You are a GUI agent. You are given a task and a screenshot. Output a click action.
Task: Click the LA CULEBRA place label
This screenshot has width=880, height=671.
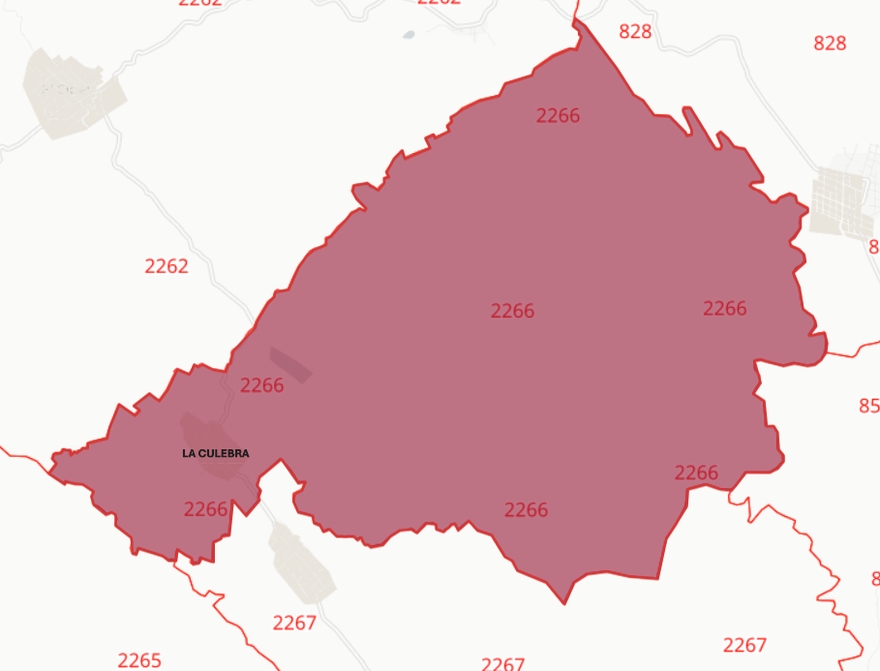215,453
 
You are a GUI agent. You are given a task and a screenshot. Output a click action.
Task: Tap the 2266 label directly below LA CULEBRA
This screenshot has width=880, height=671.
205,509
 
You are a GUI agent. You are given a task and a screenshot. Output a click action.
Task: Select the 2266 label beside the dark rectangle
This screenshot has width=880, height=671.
261,385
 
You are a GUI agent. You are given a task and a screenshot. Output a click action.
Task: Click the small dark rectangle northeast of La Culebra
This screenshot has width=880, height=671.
290,364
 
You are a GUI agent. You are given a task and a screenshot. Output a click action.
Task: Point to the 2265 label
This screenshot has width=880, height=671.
139,660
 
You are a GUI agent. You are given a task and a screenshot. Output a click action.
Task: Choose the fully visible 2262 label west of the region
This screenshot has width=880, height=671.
167,266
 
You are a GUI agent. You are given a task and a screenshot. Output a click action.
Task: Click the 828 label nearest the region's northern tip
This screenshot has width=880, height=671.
635,32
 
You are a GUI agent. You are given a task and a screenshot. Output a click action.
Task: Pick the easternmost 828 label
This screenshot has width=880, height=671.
830,44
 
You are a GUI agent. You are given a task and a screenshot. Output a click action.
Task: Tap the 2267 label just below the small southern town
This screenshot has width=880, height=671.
294,624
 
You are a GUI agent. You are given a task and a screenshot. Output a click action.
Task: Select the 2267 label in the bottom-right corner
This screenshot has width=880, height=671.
744,645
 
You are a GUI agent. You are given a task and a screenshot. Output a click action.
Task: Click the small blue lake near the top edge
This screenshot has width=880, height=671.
408,35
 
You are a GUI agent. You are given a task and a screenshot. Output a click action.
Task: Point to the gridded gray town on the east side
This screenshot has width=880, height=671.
843,201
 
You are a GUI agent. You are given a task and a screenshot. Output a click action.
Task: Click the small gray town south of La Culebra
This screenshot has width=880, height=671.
302,565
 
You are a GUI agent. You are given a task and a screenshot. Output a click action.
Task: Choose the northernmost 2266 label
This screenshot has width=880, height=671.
558,116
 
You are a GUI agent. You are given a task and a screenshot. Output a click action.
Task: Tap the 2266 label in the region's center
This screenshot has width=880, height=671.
512,312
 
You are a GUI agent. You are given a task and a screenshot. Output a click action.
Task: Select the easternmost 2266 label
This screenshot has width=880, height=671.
724,309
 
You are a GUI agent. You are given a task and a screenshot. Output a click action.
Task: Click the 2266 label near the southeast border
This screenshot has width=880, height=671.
696,473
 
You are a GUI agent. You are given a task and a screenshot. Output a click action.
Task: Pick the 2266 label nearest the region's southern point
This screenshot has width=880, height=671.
526,510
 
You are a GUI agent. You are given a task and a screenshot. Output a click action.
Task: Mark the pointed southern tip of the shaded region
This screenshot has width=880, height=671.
565,603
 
